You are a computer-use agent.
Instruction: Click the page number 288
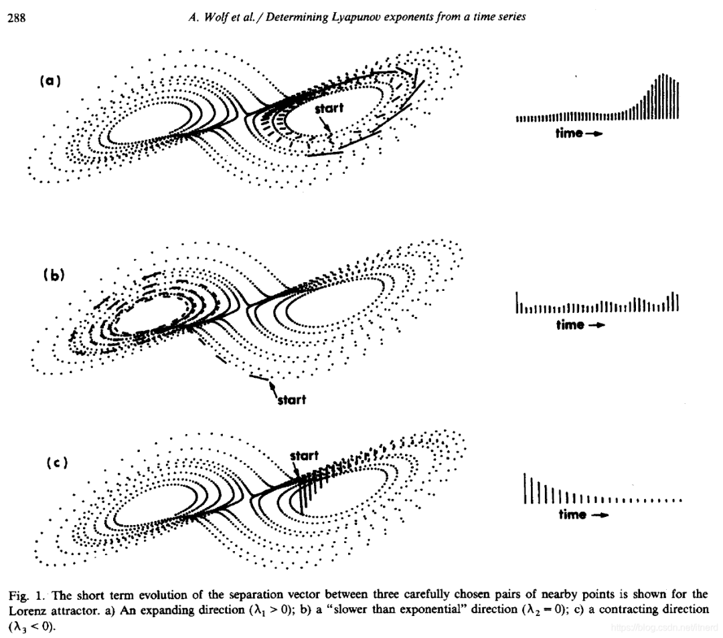(16, 18)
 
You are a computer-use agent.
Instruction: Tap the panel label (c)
(56, 463)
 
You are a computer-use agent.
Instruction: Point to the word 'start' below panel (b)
(291, 400)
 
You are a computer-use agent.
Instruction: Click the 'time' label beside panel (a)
(570, 133)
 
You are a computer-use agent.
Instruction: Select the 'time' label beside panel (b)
(570, 325)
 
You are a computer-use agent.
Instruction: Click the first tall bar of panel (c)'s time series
(525, 488)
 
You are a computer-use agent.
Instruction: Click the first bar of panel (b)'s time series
(517, 302)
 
